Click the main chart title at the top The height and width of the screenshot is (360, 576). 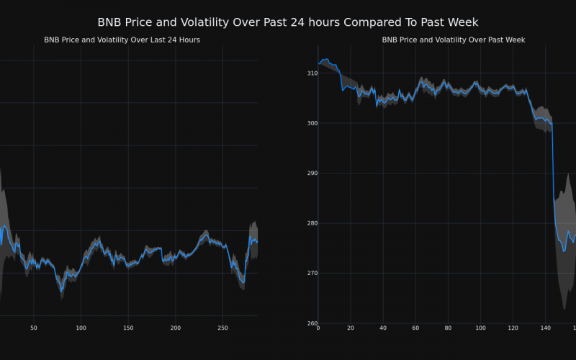(x=288, y=22)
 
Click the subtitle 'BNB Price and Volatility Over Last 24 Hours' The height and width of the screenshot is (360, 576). (x=122, y=40)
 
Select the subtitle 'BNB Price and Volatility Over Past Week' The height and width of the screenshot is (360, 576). (x=453, y=40)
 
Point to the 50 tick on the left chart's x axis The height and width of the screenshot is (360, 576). (x=33, y=328)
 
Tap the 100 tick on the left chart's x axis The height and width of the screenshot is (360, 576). (x=81, y=328)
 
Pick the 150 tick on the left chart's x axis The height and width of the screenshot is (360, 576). (x=128, y=328)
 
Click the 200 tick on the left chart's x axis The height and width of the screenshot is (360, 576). (x=176, y=328)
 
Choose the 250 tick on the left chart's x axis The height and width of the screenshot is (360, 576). (x=223, y=328)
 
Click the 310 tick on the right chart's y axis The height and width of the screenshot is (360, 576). (x=312, y=73)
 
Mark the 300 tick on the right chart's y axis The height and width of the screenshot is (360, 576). (x=312, y=123)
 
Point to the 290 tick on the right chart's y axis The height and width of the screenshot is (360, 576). (x=312, y=174)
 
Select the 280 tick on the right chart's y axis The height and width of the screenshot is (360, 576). (x=312, y=223)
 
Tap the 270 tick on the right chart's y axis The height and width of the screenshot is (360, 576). (x=312, y=274)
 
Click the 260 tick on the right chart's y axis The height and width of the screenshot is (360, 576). (x=312, y=323)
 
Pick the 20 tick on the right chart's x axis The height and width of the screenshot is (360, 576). (x=351, y=328)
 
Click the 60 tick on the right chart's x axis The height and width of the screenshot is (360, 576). (x=415, y=328)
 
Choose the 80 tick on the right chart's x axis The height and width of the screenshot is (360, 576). (x=448, y=328)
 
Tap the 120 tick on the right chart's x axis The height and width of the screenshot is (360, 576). (x=513, y=328)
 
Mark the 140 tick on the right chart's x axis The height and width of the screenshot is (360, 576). (x=545, y=328)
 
